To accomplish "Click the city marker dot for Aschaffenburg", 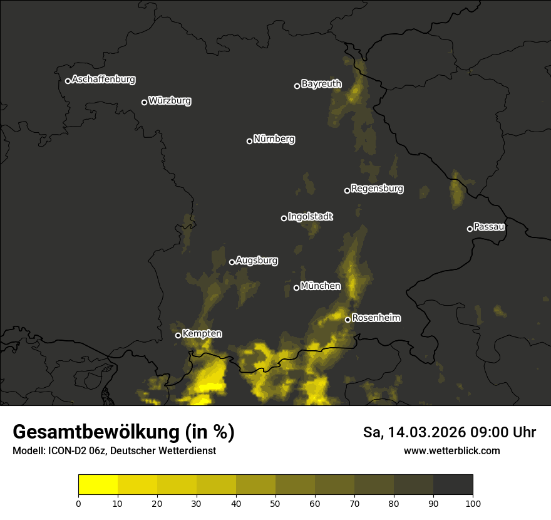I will point(68,81).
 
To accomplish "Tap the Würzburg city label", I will point(170,101).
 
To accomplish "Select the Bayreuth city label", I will point(321,84).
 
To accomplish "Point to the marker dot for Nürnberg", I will point(249,141).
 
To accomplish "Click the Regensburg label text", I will point(377,189).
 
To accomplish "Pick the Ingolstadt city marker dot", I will point(284,218).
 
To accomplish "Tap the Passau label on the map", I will point(489,227).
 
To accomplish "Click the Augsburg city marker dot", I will point(232,262).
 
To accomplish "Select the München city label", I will point(321,286).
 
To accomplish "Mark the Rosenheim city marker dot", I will point(348,320).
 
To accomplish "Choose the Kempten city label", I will point(202,334).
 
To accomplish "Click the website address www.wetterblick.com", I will point(451,450).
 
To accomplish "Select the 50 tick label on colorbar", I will point(275,502).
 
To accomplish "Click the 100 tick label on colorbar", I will point(472,502).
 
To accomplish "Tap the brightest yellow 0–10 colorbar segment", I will point(98,485).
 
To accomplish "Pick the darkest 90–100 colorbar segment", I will point(453,485).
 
